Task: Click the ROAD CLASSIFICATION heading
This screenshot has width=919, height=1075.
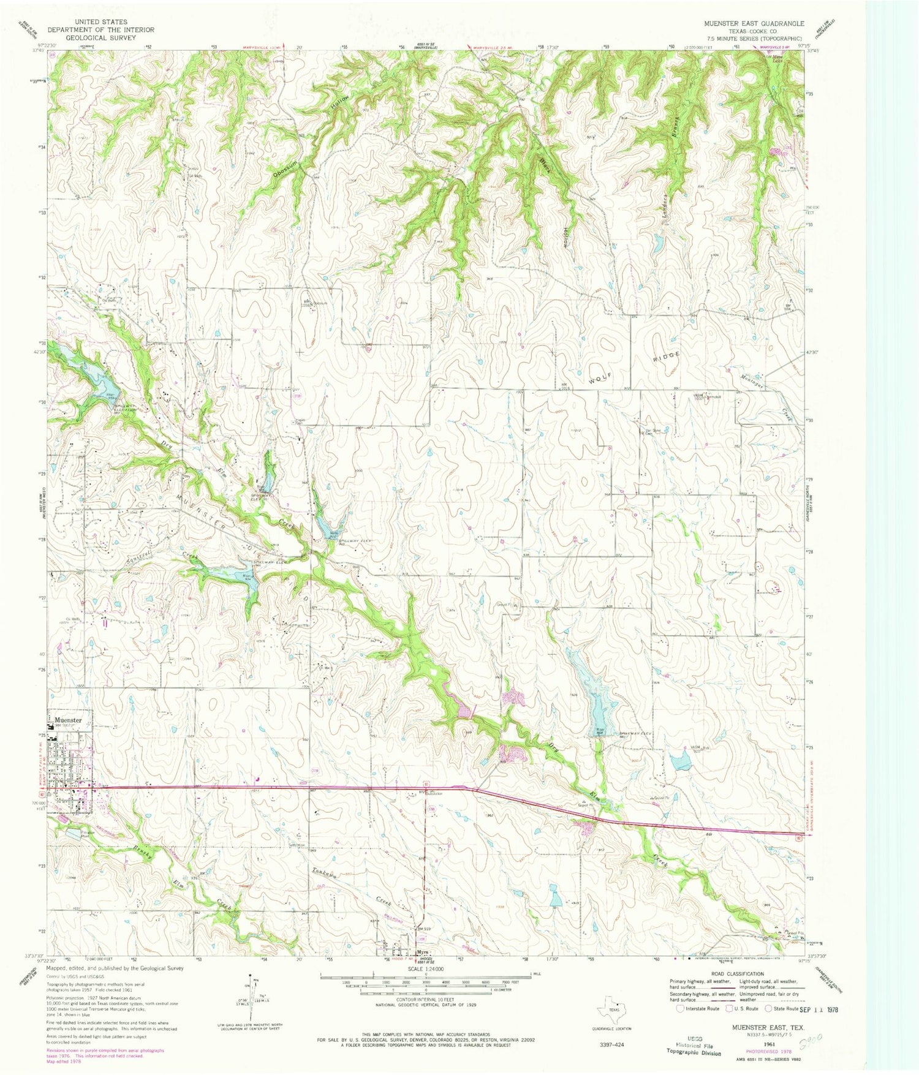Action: click(x=738, y=973)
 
